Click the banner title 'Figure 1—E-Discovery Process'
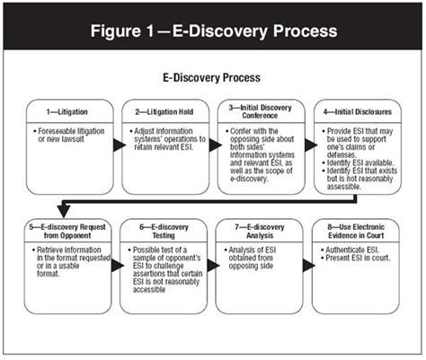point(213,30)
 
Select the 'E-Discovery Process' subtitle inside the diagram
point(212,79)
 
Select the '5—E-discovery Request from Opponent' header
point(67,233)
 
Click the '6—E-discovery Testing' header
point(164,233)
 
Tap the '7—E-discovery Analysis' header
point(262,233)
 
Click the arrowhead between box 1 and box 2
point(117,145)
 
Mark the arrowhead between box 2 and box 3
point(214,145)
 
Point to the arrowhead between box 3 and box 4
point(311,145)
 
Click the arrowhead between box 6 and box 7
point(214,266)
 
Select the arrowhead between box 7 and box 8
point(311,266)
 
